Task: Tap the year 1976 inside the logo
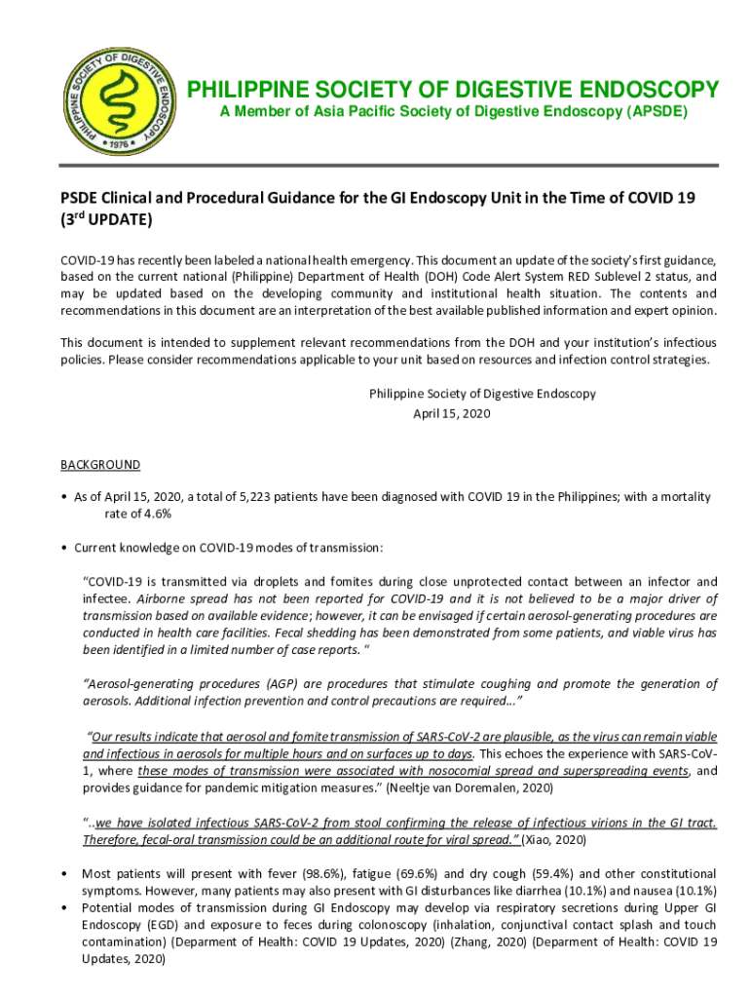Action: click(x=120, y=142)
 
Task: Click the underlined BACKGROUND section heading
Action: click(x=100, y=465)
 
